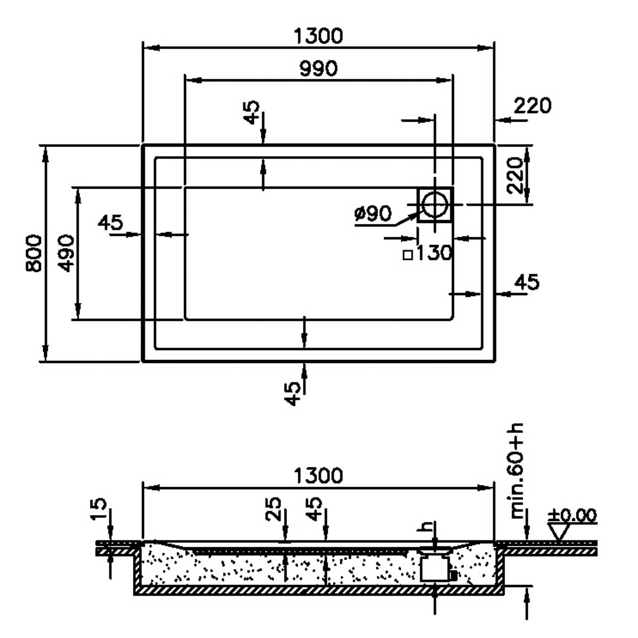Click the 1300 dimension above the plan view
318,36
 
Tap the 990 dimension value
318,69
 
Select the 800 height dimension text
34,253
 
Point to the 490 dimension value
66,253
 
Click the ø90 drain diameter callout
373,213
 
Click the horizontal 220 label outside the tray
533,106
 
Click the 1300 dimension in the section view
318,475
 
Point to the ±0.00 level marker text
573,515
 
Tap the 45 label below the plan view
292,393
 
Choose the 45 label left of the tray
110,222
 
